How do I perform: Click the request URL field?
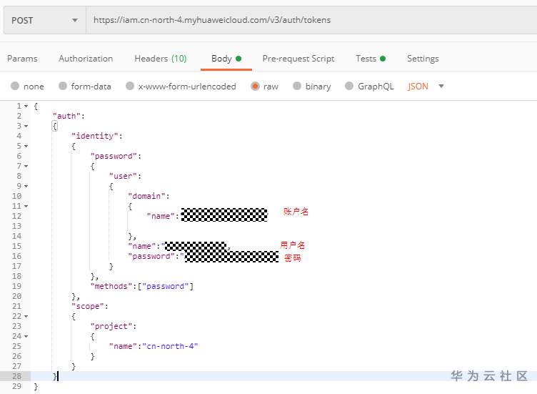pyautogui.click(x=307, y=20)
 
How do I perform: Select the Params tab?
pyautogui.click(x=22, y=59)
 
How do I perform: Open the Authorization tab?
pyautogui.click(x=86, y=59)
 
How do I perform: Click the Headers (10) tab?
pyautogui.click(x=160, y=59)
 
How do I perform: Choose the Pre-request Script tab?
pyautogui.click(x=298, y=59)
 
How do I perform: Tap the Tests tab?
pyautogui.click(x=366, y=59)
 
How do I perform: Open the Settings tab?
pyautogui.click(x=423, y=59)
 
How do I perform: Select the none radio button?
pyautogui.click(x=15, y=87)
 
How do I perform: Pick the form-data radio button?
pyautogui.click(x=63, y=87)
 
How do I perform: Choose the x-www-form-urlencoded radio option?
pyautogui.click(x=130, y=87)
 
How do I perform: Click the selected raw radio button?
pyautogui.click(x=255, y=87)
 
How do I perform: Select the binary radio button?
pyautogui.click(x=297, y=87)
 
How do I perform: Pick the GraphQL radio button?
pyautogui.click(x=349, y=87)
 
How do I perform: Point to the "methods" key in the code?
pyautogui.click(x=114, y=286)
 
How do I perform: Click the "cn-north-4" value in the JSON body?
pyautogui.click(x=171, y=346)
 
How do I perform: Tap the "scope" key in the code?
pyautogui.click(x=89, y=306)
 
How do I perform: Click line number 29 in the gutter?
pyautogui.click(x=17, y=386)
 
